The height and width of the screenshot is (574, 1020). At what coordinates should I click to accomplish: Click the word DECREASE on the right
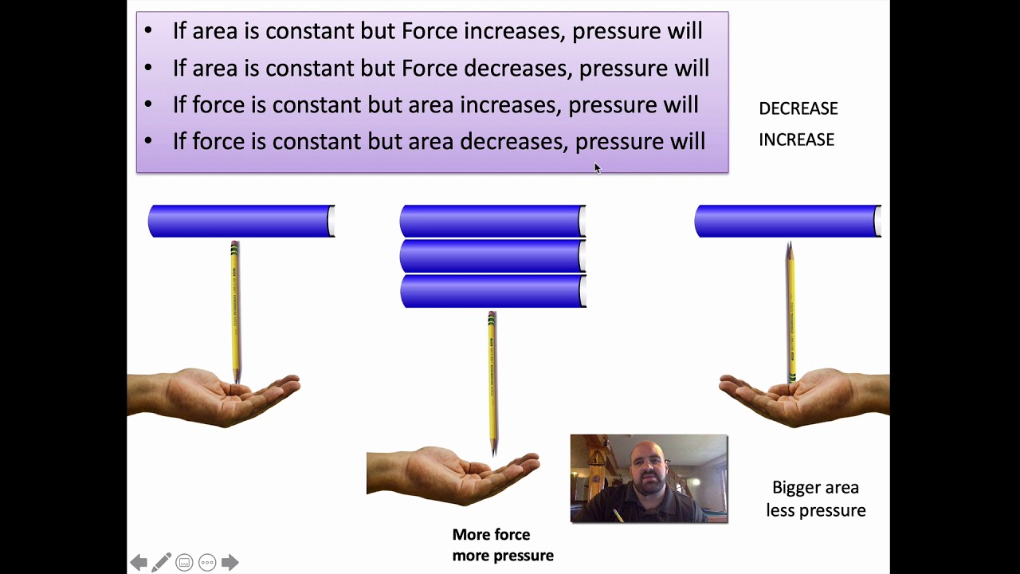[798, 108]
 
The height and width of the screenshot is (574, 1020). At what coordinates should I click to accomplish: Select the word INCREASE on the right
[796, 140]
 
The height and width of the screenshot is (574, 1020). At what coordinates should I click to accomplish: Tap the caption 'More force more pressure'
[502, 545]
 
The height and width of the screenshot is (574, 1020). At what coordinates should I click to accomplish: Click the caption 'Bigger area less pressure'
[815, 499]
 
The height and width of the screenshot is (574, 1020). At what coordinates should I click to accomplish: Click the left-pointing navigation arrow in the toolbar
[139, 563]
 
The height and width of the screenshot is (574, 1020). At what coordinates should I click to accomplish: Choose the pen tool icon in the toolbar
[161, 563]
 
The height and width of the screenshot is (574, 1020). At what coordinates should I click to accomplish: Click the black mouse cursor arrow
[597, 168]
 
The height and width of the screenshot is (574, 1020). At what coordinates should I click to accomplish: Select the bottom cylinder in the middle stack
[492, 291]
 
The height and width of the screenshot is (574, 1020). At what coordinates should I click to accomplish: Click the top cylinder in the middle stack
[492, 221]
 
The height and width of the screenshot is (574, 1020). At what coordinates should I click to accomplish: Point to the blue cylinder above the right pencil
[787, 221]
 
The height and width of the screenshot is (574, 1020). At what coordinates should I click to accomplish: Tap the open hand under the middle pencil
[462, 474]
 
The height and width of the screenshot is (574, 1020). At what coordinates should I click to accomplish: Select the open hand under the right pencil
[805, 395]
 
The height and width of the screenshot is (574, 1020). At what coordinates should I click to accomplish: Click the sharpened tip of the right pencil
[789, 248]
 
